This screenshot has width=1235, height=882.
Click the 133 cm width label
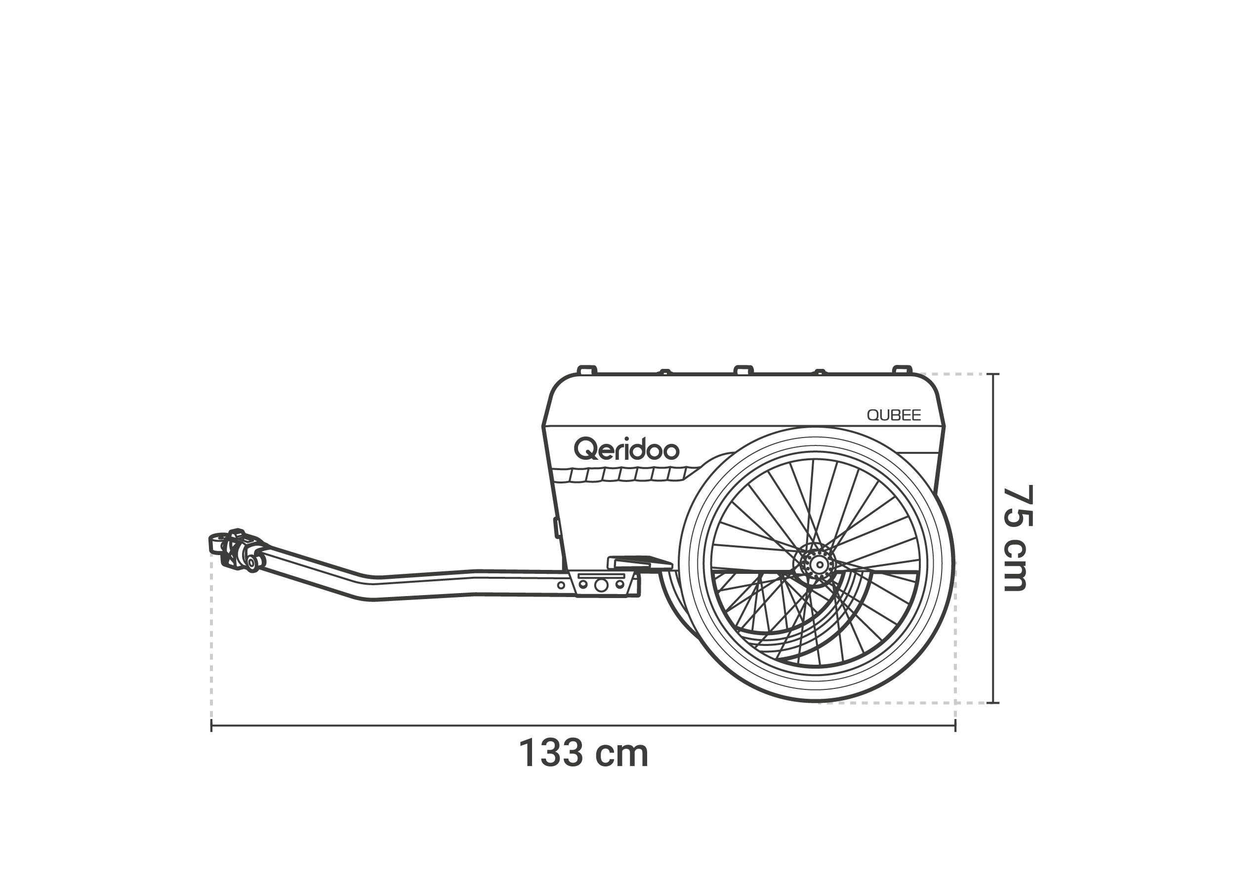(x=583, y=753)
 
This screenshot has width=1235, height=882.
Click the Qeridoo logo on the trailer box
(x=626, y=449)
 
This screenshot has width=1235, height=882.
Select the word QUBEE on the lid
(x=894, y=415)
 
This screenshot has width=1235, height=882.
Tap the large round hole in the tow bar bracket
(x=601, y=585)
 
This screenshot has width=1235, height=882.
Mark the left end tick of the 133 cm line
(x=211, y=725)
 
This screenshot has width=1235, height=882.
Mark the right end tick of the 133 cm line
(x=955, y=725)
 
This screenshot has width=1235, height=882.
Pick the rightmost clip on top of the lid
(x=903, y=370)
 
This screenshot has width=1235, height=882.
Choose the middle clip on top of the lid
(x=743, y=370)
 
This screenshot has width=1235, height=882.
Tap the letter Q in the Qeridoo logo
(x=586, y=449)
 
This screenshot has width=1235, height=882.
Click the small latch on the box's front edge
(x=556, y=527)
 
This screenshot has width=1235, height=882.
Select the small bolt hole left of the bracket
(x=561, y=586)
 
